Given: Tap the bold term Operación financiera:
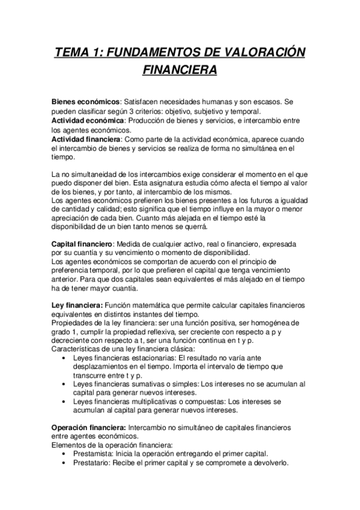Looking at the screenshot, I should pyautogui.click(x=90, y=426).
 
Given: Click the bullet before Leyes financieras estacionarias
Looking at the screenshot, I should pyautogui.click(x=64, y=358).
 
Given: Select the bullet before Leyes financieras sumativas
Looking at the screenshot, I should pyautogui.click(x=64, y=384).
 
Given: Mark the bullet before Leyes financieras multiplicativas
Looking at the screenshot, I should pyautogui.click(x=64, y=402).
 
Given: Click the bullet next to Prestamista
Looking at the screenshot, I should pyautogui.click(x=64, y=453).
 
